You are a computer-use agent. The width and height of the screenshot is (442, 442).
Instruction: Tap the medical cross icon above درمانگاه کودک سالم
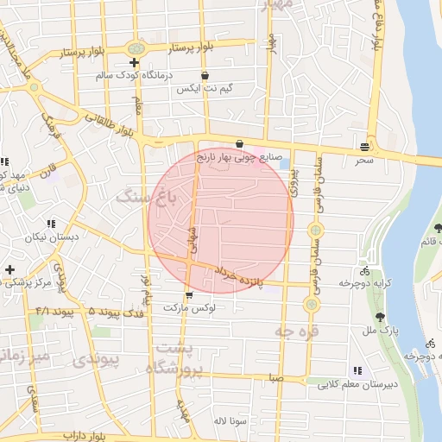133,62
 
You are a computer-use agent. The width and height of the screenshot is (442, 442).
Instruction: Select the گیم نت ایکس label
203,89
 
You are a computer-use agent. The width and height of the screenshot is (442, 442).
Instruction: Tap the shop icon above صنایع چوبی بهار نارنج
239,144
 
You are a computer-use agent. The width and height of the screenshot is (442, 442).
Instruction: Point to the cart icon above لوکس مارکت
189,294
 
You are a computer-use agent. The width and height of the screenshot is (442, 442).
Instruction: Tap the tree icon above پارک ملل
380,317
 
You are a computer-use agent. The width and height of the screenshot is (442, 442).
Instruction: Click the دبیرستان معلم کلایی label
356,384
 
